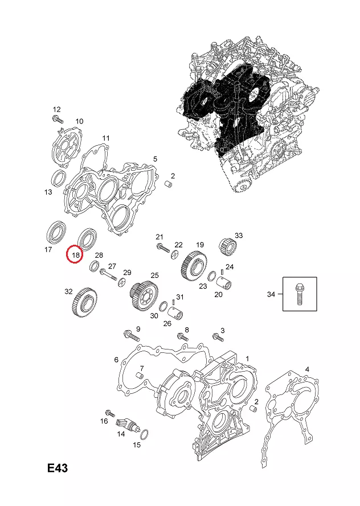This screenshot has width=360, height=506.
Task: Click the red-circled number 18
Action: (75, 254)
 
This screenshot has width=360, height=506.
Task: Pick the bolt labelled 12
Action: (58, 118)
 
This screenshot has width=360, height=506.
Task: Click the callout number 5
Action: (156, 158)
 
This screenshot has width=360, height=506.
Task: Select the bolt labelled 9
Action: (129, 333)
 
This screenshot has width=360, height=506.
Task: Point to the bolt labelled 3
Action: (216, 336)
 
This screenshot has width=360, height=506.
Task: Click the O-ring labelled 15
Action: (144, 435)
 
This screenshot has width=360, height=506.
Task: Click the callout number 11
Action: (106, 138)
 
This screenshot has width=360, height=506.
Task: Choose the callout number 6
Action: (116, 359)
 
